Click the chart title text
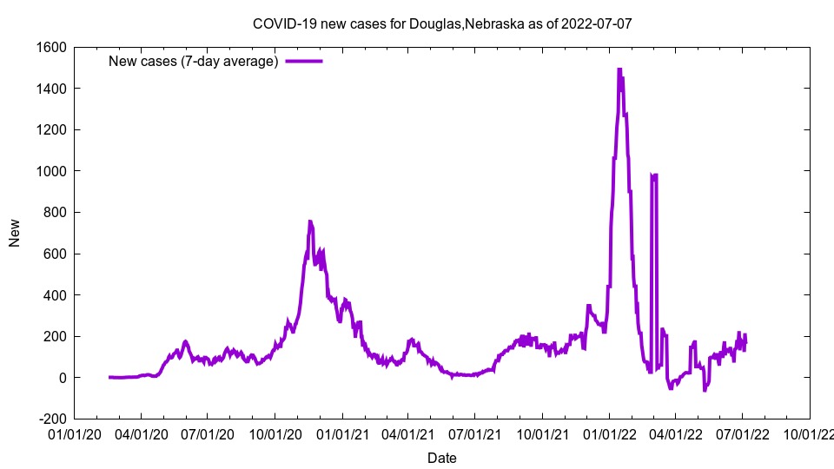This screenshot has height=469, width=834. (x=442, y=23)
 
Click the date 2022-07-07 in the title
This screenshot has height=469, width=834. (x=596, y=23)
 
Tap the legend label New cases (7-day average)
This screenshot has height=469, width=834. (x=193, y=61)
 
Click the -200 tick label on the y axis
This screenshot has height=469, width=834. (x=52, y=419)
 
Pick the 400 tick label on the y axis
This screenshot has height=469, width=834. (x=54, y=295)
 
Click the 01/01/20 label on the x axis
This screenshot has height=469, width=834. (x=75, y=433)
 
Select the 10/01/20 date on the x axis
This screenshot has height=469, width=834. (x=275, y=433)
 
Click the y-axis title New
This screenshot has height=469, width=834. (x=15, y=233)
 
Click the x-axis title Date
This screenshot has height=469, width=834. (x=442, y=458)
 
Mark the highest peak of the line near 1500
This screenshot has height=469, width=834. (x=619, y=69)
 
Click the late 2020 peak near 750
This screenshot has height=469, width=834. (x=310, y=222)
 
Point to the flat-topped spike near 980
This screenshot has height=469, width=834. (x=653, y=175)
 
